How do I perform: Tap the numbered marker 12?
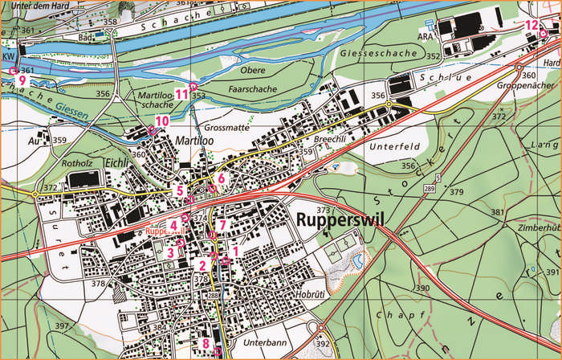click(531, 25)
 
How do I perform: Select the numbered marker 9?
click(22, 80)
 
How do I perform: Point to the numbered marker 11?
click(182, 94)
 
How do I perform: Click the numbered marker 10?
click(161, 121)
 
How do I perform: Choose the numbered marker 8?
click(206, 343)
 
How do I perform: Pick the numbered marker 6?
click(222, 178)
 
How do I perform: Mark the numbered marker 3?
click(170, 252)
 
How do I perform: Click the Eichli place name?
click(120, 162)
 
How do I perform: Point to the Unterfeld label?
click(394, 147)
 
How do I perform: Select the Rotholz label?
click(67, 161)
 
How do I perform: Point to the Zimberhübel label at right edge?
click(540, 228)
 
